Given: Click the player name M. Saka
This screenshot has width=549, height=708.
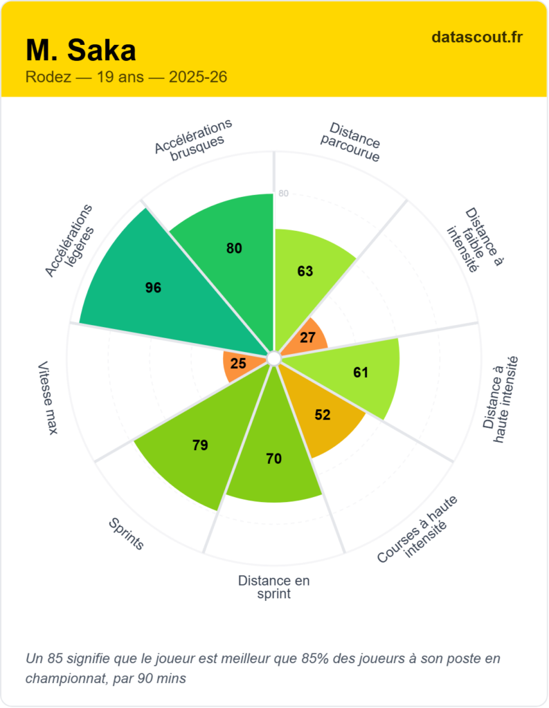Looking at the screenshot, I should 81,50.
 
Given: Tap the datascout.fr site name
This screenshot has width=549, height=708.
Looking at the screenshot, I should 476,37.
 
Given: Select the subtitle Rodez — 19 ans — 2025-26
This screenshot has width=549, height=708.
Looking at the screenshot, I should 126,77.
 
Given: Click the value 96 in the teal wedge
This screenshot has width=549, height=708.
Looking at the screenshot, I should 153,288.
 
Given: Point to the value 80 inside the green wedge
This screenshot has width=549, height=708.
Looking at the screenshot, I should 235,248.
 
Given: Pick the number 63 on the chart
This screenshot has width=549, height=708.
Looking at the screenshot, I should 305,271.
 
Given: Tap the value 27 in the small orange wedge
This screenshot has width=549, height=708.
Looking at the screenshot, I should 308,338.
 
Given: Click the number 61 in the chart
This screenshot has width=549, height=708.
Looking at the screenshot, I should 361,373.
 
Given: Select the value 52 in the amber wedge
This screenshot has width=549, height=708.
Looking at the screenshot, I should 323,415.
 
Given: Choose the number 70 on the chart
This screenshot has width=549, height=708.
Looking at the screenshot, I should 273,458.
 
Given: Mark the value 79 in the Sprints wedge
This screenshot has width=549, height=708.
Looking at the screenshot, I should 200,445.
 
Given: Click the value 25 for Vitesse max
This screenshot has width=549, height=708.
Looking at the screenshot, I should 238,363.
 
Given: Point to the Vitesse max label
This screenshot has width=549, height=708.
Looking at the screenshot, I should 47,398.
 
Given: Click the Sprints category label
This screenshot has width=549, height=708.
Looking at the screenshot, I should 126,534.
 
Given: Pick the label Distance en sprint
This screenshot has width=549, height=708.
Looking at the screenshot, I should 273,587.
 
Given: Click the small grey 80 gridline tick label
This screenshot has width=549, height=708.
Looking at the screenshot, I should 283,194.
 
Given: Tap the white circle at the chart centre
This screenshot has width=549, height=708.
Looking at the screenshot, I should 273,357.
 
